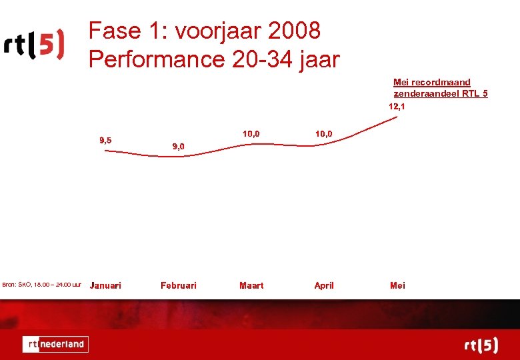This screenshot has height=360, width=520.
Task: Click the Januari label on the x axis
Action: pos(105,285)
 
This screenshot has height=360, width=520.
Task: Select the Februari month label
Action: pos(178,285)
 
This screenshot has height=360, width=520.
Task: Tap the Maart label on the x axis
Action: pos(251,285)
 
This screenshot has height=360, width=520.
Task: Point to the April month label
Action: pos(324,285)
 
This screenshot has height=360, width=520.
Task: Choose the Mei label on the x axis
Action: pos(397,285)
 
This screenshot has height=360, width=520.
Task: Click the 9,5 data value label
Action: pos(105,140)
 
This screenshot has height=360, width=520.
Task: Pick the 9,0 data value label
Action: pos(178,146)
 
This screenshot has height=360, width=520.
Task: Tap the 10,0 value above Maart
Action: pos(251,134)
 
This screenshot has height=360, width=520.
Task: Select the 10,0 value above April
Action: pos(324,134)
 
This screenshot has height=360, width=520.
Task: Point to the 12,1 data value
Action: pos(397,106)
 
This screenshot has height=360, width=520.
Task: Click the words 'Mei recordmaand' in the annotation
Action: pos(431,82)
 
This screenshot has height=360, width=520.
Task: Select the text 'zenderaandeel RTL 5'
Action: pos(440,93)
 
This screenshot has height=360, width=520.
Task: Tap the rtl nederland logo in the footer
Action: pos(55,344)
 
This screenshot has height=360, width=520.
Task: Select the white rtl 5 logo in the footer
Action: pos(481,345)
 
